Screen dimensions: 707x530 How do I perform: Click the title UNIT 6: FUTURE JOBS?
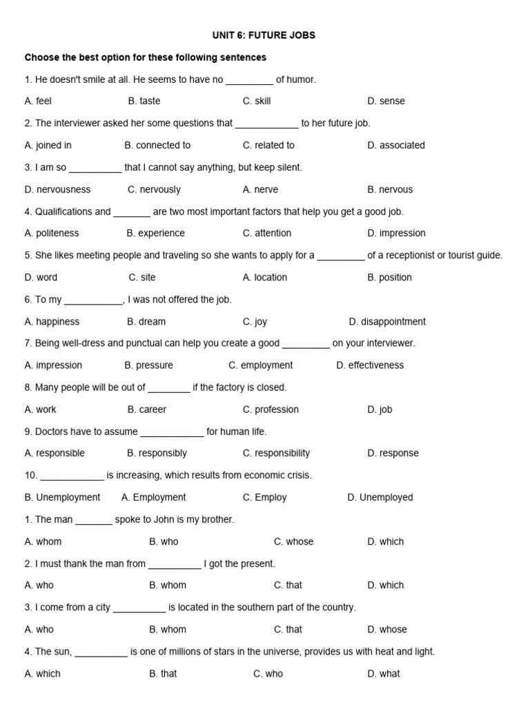click(265, 35)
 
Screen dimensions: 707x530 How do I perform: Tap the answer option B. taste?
click(144, 101)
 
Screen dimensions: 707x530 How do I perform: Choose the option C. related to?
click(268, 145)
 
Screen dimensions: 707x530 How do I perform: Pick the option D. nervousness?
click(57, 189)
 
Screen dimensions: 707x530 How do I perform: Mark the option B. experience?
click(156, 233)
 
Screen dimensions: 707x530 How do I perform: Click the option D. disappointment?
click(387, 322)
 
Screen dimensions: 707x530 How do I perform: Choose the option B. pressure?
click(148, 365)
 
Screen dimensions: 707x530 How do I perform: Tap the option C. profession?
click(271, 409)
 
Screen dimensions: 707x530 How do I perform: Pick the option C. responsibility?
click(276, 454)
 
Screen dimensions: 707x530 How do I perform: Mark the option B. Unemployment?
click(62, 497)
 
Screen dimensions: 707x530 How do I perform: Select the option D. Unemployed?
click(380, 497)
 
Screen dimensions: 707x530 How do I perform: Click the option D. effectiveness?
click(370, 365)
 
